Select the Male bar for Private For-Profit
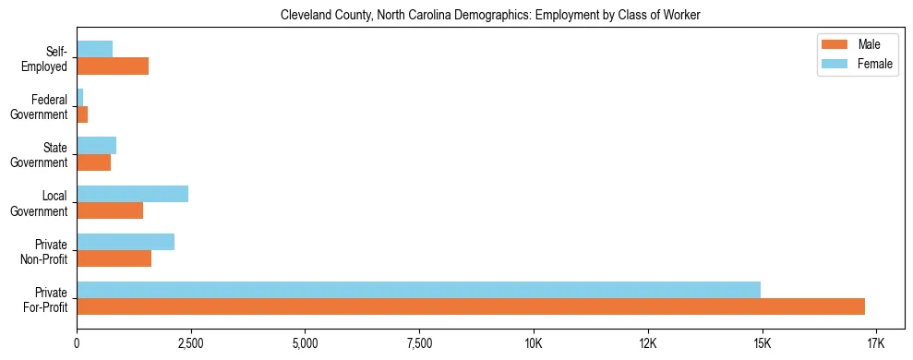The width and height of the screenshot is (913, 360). tap(471, 306)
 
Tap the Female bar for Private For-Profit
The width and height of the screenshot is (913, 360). tap(418, 290)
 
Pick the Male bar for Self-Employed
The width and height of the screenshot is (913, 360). tap(113, 66)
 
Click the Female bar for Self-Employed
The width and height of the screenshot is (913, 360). tap(94, 49)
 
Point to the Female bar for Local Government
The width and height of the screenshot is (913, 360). tap(132, 194)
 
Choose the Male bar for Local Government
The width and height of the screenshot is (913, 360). tap(110, 210)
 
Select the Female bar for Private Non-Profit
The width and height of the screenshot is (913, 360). tap(126, 242)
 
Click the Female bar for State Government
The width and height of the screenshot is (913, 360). tap(96, 145)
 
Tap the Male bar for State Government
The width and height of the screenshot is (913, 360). tap(93, 162)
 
